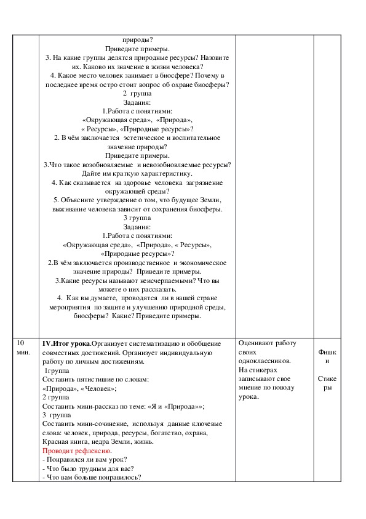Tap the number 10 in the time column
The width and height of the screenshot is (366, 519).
pyautogui.click(x=20, y=343)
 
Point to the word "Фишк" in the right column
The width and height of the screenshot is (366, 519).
pyautogui.click(x=327, y=352)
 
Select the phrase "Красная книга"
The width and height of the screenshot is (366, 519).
pyautogui.click(x=64, y=441)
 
